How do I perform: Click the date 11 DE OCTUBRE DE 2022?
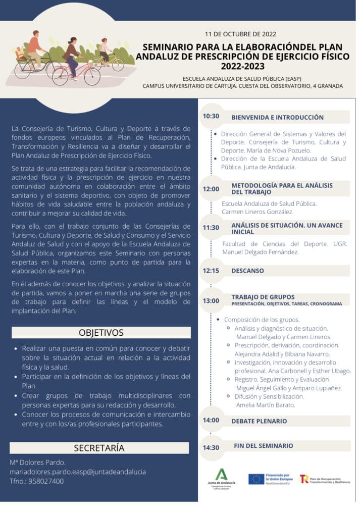click(240, 34)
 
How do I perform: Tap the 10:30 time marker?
click(211, 116)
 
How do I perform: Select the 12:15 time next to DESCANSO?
click(211, 271)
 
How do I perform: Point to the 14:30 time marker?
click(211, 447)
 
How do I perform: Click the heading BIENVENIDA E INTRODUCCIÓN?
click(277, 117)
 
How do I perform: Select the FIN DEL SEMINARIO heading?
click(263, 446)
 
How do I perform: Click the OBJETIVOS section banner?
click(101, 333)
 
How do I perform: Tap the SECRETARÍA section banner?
click(99, 448)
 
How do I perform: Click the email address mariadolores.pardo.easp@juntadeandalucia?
click(78, 472)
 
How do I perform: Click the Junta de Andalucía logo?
click(221, 479)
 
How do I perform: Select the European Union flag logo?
click(256, 479)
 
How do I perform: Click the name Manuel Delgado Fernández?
click(261, 252)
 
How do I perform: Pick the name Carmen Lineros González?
click(258, 212)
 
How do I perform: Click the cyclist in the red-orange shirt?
click(34, 46)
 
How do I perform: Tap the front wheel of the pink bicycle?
click(92, 76)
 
